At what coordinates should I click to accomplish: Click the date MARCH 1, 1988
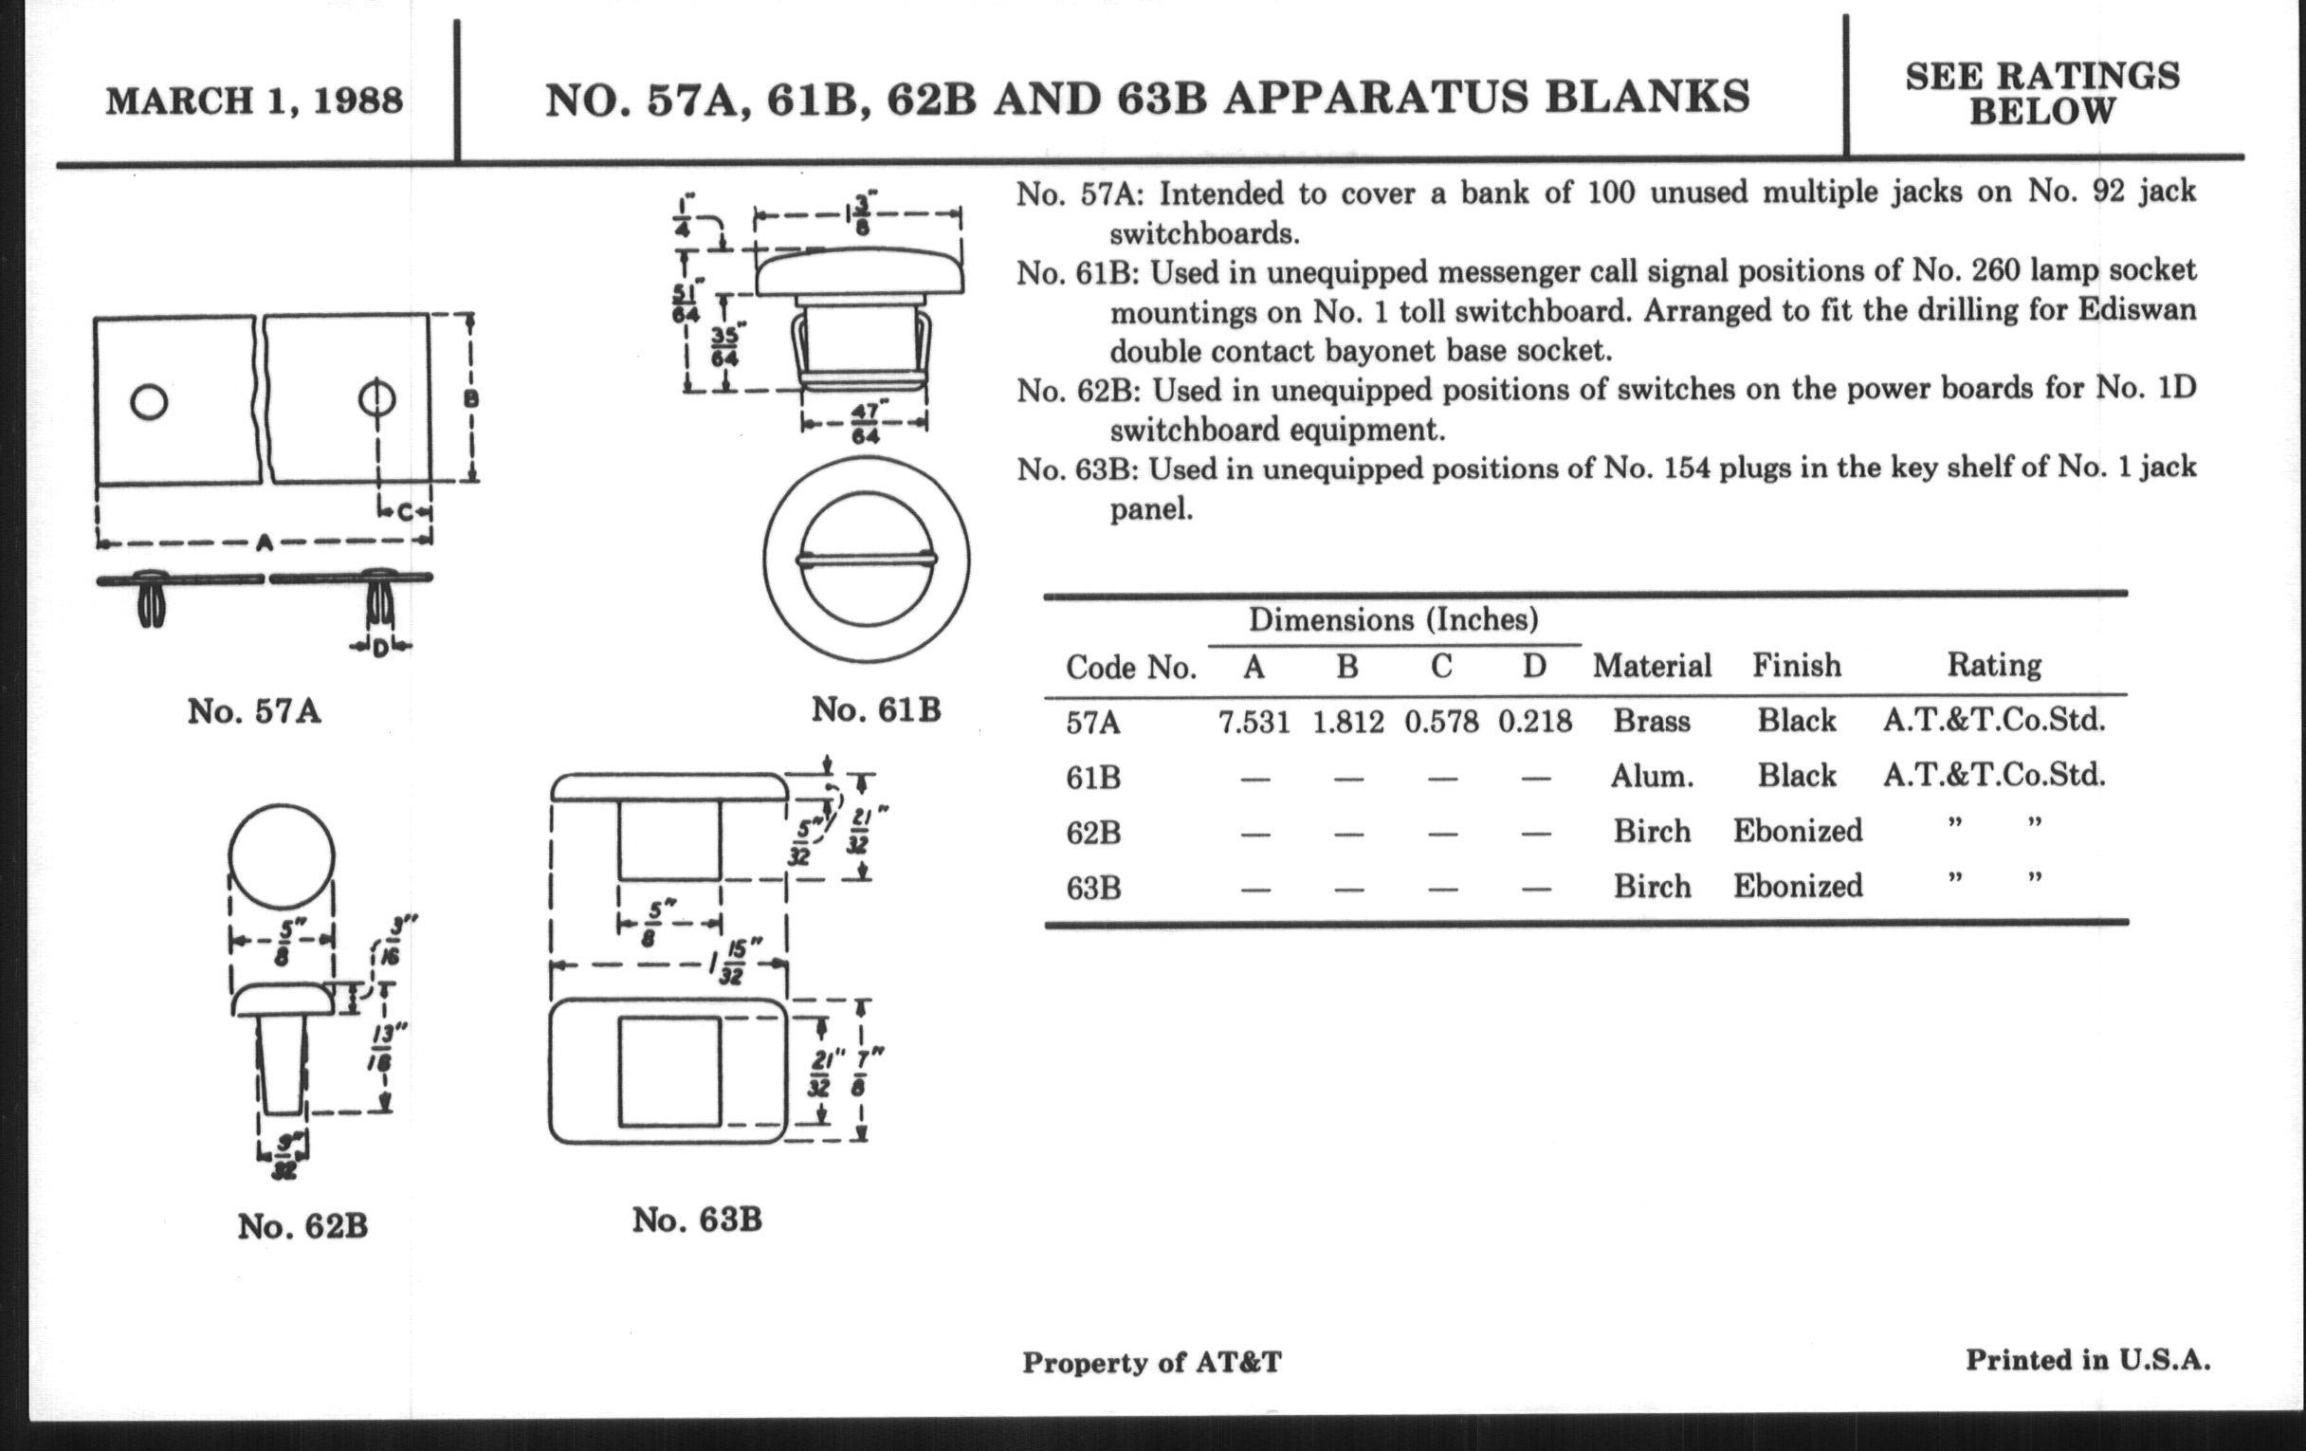[x=255, y=101]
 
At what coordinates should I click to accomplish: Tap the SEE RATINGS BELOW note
[x=2042, y=94]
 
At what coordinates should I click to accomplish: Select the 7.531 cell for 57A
[x=1254, y=722]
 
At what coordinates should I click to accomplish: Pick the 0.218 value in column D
[x=1535, y=722]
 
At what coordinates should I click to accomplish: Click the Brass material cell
[x=1652, y=721]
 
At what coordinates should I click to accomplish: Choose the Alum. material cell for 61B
[x=1652, y=776]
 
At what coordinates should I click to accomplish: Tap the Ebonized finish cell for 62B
[x=1798, y=831]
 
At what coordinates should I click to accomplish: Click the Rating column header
[x=1994, y=665]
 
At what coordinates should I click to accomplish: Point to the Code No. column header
[x=1131, y=667]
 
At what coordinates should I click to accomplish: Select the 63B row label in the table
[x=1092, y=888]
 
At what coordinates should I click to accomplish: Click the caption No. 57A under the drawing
[x=254, y=711]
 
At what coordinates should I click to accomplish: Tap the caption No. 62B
[x=302, y=1226]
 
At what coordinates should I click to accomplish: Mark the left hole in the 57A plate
[x=150, y=401]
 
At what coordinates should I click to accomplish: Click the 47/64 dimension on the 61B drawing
[x=865, y=421]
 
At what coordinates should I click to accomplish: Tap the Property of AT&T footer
[x=1151, y=1362]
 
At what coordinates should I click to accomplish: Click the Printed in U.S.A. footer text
[x=2088, y=1360]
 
